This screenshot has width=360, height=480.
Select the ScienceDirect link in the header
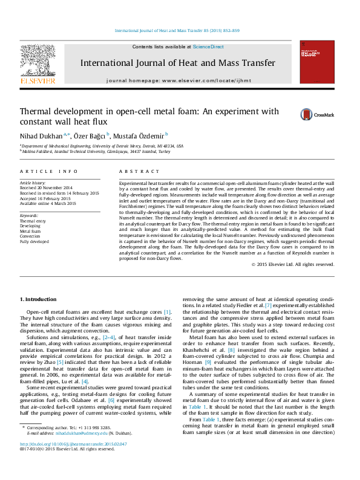(x=208, y=47)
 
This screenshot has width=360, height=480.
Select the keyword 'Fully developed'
(x=34, y=241)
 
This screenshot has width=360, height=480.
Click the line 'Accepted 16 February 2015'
(x=45, y=198)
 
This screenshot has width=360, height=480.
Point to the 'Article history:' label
(x=33, y=182)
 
